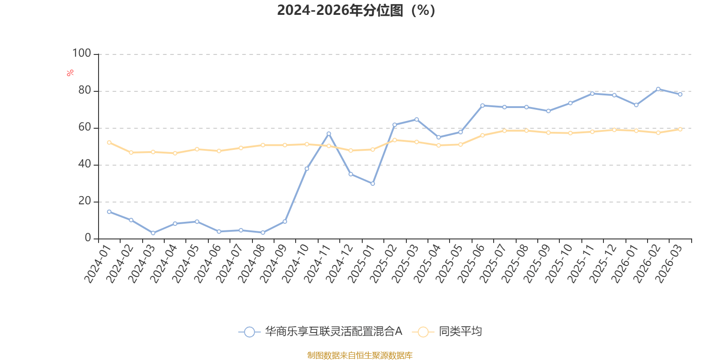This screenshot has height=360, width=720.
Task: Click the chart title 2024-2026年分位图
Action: [356, 10]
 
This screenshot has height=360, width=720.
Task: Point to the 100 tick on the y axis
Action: [81, 54]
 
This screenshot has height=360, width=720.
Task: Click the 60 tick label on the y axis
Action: [84, 127]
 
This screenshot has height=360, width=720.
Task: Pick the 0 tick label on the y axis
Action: [88, 238]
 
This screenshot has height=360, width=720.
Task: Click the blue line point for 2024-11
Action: [328, 134]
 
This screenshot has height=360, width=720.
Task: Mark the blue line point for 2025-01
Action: [373, 184]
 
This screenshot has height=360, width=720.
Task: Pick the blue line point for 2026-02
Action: [658, 89]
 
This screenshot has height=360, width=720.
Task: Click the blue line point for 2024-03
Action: [153, 233]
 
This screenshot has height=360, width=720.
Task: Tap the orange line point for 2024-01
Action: [109, 142]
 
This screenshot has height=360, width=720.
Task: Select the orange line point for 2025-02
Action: [395, 140]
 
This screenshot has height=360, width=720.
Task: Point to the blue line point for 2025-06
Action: [482, 106]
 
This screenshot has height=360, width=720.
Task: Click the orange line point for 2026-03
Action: [680, 129]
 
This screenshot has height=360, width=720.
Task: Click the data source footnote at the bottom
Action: [360, 355]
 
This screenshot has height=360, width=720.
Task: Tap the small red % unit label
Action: [70, 73]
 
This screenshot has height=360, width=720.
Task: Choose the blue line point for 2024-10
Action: [307, 169]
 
